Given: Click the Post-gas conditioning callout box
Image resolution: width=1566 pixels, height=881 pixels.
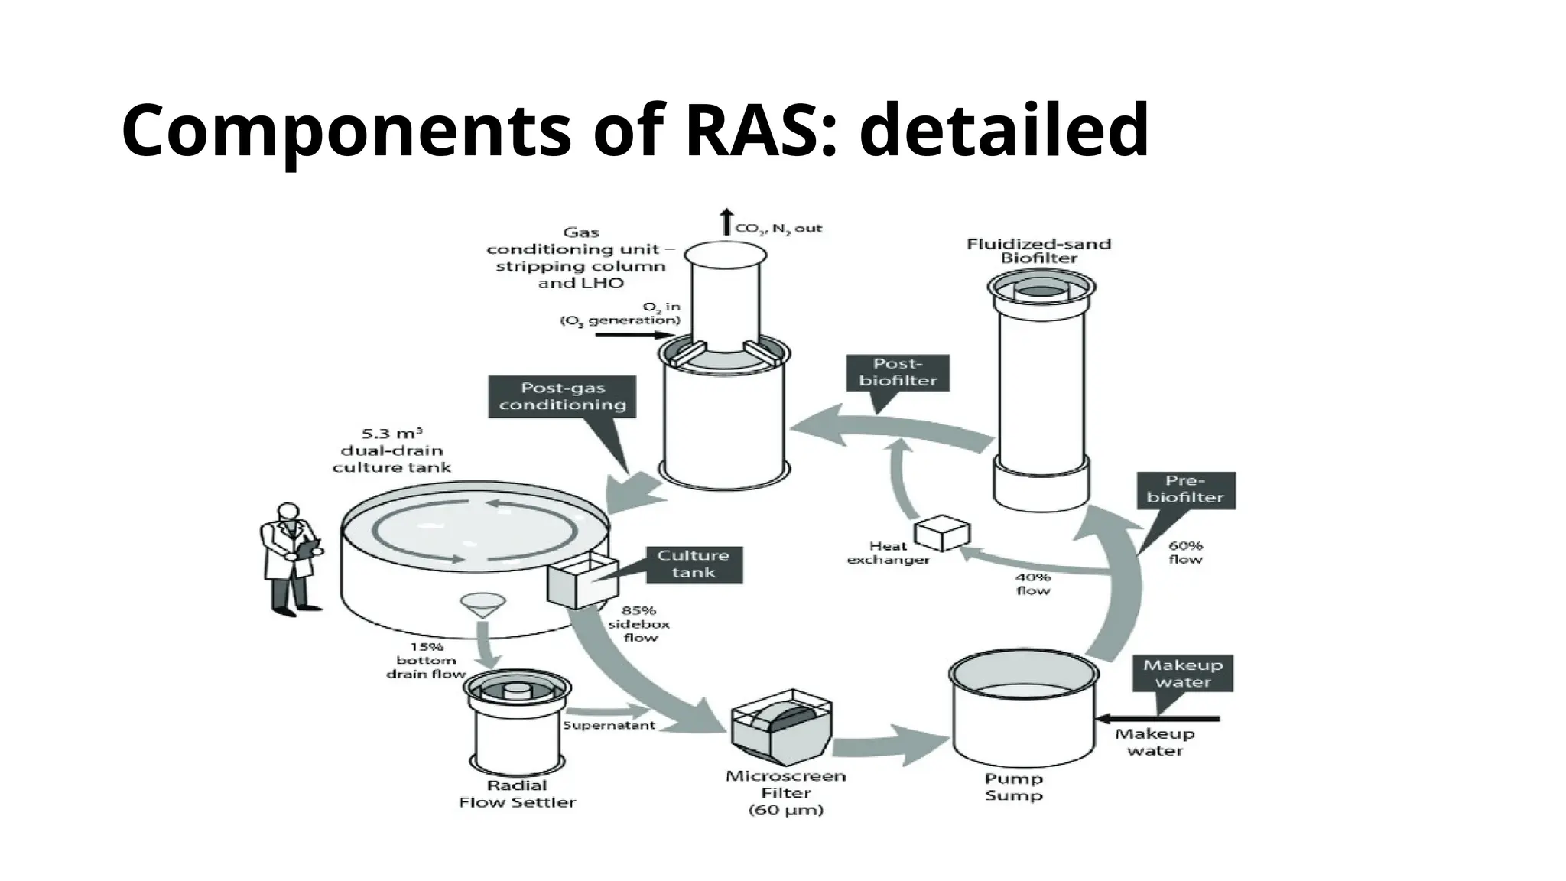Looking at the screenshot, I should pyautogui.click(x=563, y=396).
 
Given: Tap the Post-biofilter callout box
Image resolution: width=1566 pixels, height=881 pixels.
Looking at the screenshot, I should pyautogui.click(x=898, y=372).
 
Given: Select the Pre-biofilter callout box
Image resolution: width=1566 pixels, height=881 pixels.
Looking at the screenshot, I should pyautogui.click(x=1185, y=489).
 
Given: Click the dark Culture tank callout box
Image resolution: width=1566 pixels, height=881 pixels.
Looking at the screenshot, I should pyautogui.click(x=694, y=564).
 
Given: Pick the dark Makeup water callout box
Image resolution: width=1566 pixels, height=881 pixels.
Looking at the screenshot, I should pyautogui.click(x=1182, y=674).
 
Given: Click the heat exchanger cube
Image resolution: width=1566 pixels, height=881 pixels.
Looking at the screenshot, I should pyautogui.click(x=942, y=532).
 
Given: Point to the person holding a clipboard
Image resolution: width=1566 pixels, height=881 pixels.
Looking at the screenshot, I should pyautogui.click(x=290, y=557).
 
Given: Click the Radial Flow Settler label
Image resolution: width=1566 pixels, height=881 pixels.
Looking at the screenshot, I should pyautogui.click(x=517, y=794).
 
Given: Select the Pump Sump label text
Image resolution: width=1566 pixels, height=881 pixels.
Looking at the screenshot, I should pyautogui.click(x=1013, y=787).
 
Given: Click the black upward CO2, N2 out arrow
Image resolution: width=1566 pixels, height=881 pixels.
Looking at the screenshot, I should pyautogui.click(x=726, y=222).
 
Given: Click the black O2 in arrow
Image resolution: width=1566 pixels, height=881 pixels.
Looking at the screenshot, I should pyautogui.click(x=634, y=334).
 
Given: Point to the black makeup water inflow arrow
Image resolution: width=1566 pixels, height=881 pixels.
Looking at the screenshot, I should pyautogui.click(x=1158, y=719).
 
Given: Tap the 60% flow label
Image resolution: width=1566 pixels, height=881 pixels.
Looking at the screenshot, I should pyautogui.click(x=1185, y=552).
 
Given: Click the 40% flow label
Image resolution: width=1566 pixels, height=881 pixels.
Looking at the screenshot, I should pyautogui.click(x=1032, y=584).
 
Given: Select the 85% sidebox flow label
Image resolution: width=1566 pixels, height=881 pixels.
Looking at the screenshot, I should pyautogui.click(x=639, y=623).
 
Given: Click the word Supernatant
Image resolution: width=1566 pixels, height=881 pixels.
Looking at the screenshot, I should pyautogui.click(x=609, y=725).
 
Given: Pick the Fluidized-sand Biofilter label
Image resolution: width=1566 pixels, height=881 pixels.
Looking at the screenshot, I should pyautogui.click(x=1038, y=251).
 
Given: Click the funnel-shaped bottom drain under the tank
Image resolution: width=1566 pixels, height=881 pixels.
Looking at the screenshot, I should pyautogui.click(x=482, y=605).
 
